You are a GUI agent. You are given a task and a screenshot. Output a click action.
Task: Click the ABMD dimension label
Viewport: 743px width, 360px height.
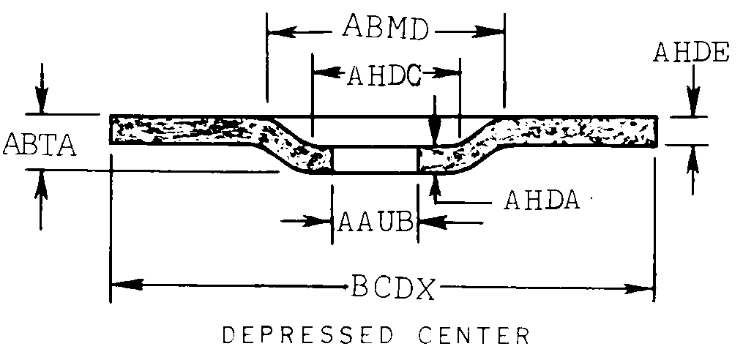(387, 29)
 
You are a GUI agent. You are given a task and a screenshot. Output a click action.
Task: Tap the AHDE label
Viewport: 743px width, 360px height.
(692, 53)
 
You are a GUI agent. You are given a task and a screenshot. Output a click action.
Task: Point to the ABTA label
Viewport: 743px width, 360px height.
(41, 143)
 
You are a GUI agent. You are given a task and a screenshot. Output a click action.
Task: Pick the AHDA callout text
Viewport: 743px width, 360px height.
(542, 200)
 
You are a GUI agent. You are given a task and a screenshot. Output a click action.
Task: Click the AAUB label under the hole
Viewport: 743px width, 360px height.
(375, 221)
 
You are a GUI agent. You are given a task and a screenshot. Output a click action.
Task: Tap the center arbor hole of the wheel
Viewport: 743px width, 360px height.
(375, 160)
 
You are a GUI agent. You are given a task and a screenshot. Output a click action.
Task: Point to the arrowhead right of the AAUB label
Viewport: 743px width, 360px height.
(427, 220)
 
